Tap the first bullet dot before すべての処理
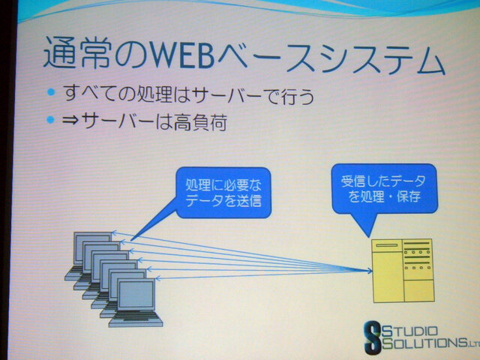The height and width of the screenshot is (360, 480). [x=51, y=94]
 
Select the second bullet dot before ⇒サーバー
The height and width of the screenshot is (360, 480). [x=51, y=120]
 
